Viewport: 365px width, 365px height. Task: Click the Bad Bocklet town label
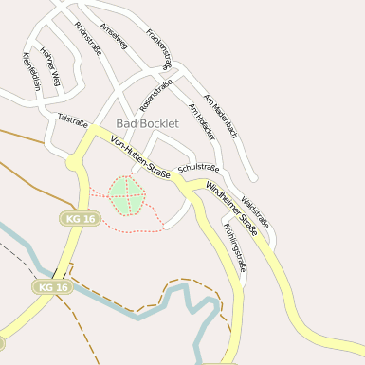pyautogui.click(x=146, y=124)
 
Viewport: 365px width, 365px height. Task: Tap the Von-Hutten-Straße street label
pyautogui.click(x=140, y=158)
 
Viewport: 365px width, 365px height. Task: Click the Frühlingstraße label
pyautogui.click(x=234, y=248)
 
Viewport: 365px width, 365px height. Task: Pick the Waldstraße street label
pyautogui.click(x=256, y=210)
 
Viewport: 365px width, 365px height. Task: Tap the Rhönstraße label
pyautogui.click(x=87, y=39)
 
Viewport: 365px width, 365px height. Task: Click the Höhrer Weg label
pyautogui.click(x=50, y=66)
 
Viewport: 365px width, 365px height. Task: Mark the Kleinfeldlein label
pyautogui.click(x=31, y=71)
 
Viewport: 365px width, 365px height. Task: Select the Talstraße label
pyautogui.click(x=72, y=120)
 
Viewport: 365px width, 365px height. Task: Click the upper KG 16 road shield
pyautogui.click(x=80, y=218)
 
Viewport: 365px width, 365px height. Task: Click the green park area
pyautogui.click(x=126, y=195)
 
